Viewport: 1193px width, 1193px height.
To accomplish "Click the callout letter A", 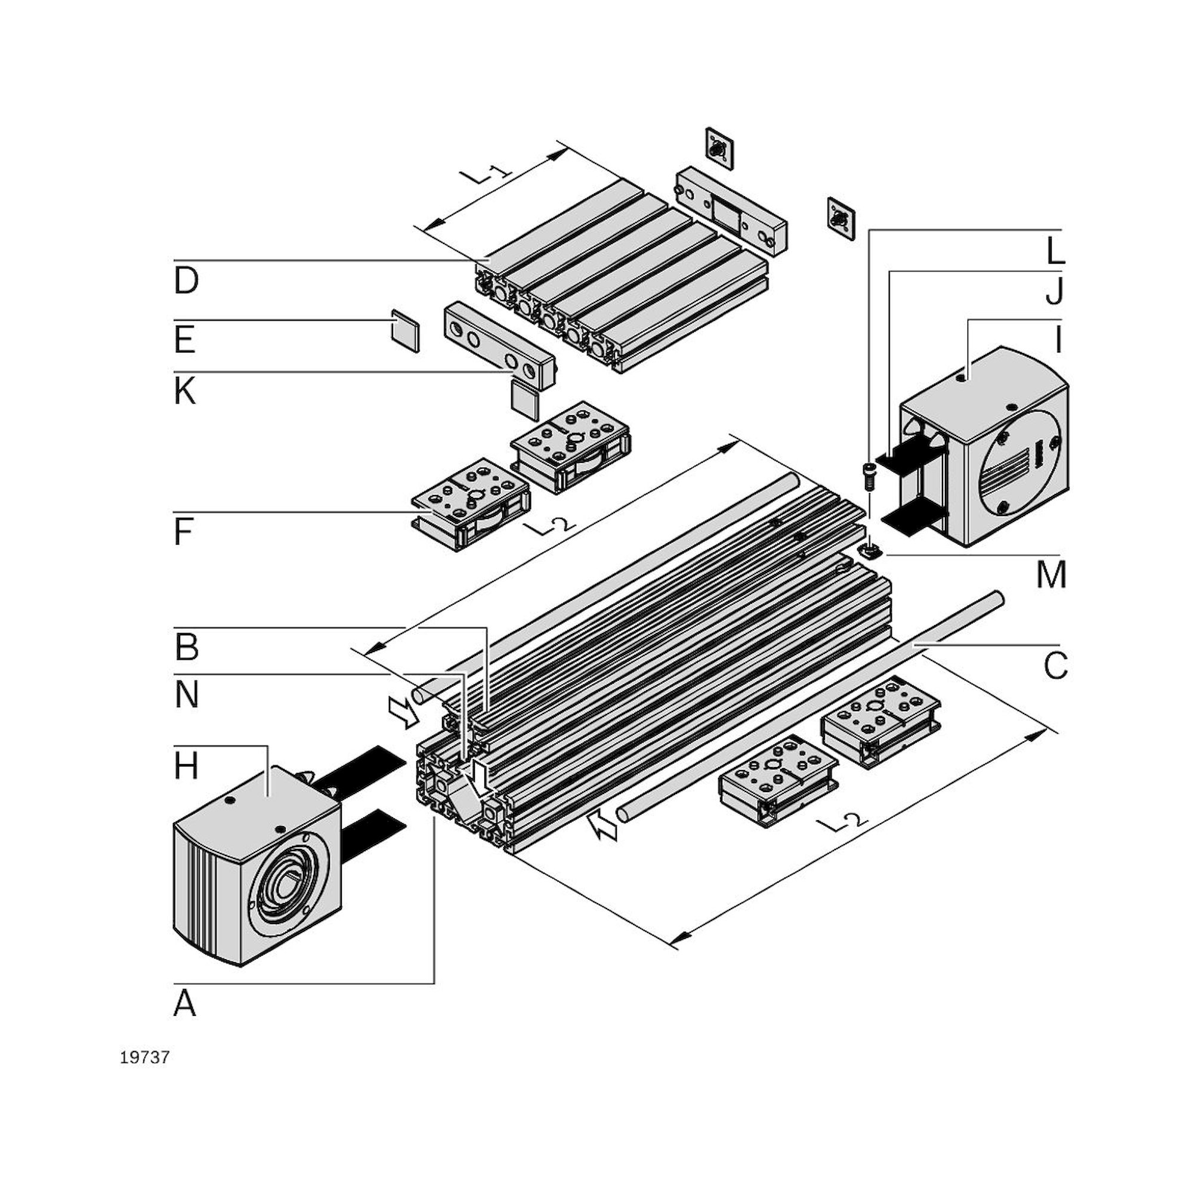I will [185, 1003].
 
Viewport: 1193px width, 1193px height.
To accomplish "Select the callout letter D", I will [186, 281].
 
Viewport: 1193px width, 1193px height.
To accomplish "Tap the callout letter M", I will [1052, 576].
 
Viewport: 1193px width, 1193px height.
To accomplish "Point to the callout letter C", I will [1055, 666].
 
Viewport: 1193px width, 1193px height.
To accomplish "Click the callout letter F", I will [183, 532].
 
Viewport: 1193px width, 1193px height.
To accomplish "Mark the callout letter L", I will [1055, 251].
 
